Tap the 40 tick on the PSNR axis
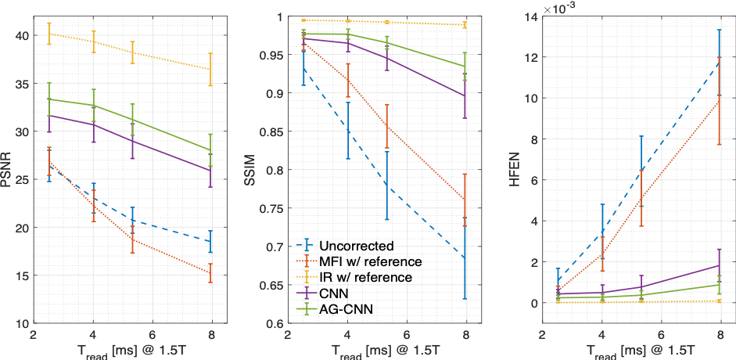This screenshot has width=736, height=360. [x=22, y=35]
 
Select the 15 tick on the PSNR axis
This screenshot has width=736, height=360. [x=22, y=275]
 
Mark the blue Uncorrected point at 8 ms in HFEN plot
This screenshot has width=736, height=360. [x=720, y=63]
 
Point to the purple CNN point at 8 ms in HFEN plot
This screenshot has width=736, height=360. [x=720, y=265]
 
